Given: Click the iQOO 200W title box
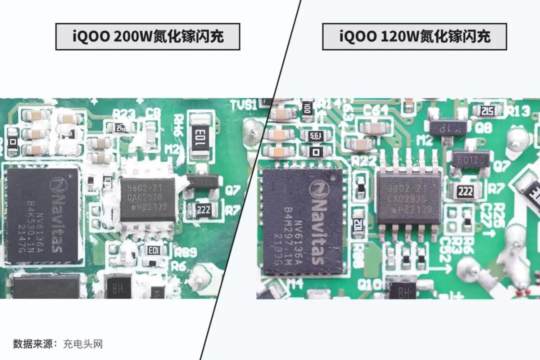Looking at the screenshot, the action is pyautogui.click(x=147, y=36).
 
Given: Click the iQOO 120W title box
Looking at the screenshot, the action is pyautogui.click(x=414, y=36).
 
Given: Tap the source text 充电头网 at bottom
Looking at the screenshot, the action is pyautogui.click(x=83, y=344).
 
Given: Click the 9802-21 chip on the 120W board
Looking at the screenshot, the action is pyautogui.click(x=409, y=197).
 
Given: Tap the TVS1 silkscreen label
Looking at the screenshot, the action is pyautogui.click(x=243, y=105).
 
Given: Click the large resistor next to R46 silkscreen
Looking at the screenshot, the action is pyautogui.click(x=200, y=134).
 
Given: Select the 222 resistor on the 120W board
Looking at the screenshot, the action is pyautogui.click(x=465, y=190).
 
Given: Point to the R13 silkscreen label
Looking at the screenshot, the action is pyautogui.click(x=519, y=110).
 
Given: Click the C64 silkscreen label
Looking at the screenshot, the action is pyautogui.click(x=375, y=109).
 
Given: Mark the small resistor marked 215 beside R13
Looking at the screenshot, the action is pyautogui.click(x=488, y=111).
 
